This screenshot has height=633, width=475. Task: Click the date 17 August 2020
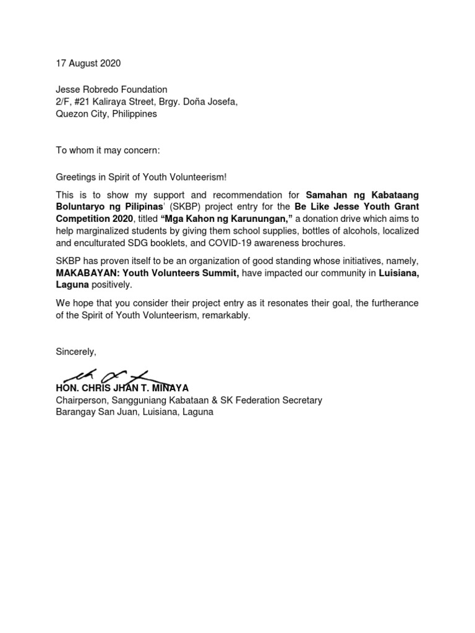click(x=88, y=63)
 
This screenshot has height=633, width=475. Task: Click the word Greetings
click(x=77, y=177)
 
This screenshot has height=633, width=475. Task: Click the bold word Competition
click(x=81, y=219)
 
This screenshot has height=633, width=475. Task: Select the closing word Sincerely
click(x=75, y=351)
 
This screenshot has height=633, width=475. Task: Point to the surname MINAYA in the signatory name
click(x=170, y=388)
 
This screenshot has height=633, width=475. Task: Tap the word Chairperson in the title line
click(x=79, y=400)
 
